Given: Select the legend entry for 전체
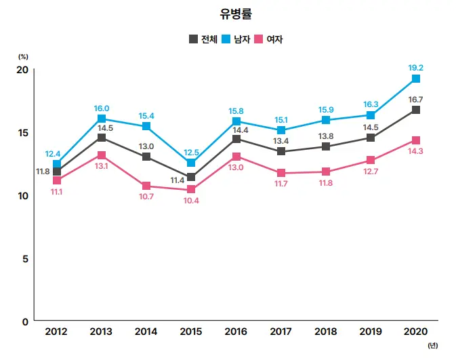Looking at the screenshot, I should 203,39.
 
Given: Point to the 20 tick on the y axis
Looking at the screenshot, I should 22,70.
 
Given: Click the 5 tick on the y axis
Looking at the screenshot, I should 25,258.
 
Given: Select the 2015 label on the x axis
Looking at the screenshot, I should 191,332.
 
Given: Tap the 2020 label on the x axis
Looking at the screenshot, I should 415,332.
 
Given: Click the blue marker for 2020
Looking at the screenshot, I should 416,79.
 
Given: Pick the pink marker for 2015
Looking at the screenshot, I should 191,190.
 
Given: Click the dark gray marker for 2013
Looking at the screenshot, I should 101,138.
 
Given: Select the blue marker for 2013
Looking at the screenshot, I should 101,119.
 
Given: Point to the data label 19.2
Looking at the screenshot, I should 416,68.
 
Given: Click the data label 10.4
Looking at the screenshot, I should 190,201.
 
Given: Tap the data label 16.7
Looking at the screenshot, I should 416,99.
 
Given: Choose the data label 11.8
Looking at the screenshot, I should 43,172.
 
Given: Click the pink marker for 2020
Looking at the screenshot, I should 416,140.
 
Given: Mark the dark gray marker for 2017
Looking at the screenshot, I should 281,152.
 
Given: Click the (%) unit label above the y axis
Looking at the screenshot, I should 23,57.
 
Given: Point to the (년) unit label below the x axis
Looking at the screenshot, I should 432,346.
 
